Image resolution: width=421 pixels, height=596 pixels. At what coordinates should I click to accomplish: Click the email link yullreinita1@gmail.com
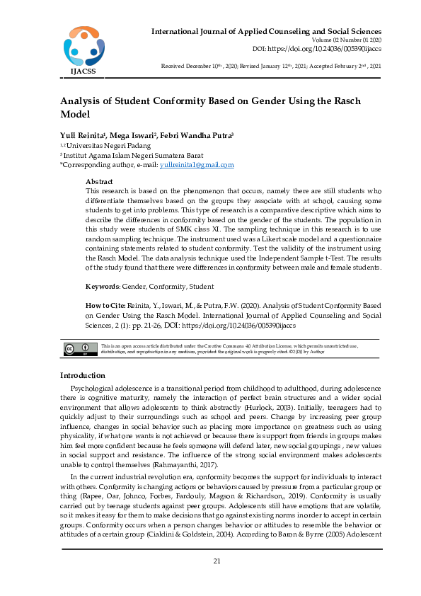(x=197, y=164)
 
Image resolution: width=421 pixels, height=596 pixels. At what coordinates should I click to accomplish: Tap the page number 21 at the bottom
(x=218, y=561)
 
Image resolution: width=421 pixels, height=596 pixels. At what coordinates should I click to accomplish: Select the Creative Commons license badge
(x=81, y=348)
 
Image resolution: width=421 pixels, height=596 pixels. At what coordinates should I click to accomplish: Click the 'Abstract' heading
(x=99, y=182)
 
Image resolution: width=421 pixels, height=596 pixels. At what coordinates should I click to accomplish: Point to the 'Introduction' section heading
(x=83, y=375)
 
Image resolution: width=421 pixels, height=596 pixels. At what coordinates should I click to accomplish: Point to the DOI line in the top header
(x=317, y=49)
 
